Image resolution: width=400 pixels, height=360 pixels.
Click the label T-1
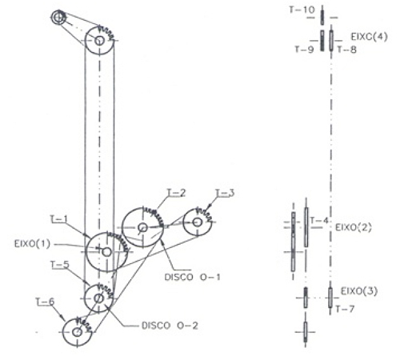click(59, 219)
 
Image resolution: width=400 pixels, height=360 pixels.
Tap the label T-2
click(176, 193)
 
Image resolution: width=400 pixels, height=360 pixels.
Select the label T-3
click(225, 193)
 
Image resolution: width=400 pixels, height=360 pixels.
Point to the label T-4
click(319, 221)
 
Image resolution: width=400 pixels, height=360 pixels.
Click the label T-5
click(60, 265)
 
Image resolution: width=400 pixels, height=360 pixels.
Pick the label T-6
click(45, 302)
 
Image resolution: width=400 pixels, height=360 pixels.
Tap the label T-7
click(345, 309)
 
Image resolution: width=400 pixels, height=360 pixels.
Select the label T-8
click(346, 50)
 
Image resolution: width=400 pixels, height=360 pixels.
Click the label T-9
click(304, 50)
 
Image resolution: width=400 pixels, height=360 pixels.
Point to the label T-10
click(302, 10)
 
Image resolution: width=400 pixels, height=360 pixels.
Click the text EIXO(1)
click(32, 244)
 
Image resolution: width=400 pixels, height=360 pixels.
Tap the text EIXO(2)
click(353, 227)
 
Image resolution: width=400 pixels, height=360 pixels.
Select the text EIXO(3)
click(359, 291)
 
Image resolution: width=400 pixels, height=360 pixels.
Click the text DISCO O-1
click(193, 277)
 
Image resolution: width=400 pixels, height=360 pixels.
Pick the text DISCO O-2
click(170, 326)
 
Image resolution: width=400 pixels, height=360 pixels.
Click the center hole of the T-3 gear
click(198, 222)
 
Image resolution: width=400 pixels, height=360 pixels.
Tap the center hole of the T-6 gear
click(78, 332)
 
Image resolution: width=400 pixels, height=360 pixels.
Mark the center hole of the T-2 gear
click(143, 227)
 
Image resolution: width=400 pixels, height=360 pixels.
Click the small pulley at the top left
click(58, 18)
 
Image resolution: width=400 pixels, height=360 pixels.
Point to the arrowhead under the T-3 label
click(210, 206)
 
